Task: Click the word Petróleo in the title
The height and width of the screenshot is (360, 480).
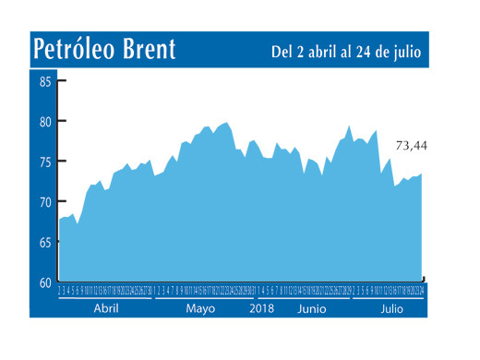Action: pos(75,50)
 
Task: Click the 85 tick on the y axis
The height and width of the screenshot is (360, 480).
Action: pos(45,81)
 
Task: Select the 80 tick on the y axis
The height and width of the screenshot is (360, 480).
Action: pos(45,121)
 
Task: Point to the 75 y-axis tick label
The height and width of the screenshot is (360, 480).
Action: pos(45,162)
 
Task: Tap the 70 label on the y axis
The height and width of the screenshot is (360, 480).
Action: pos(45,201)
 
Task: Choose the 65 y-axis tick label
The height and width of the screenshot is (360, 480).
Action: pos(45,242)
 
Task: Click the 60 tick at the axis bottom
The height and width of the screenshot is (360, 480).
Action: pos(45,282)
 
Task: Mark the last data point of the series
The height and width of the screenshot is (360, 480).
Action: pos(423,174)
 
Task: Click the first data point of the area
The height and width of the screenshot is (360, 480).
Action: pos(58,220)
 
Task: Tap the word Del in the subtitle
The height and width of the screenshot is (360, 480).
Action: pos(282,53)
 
